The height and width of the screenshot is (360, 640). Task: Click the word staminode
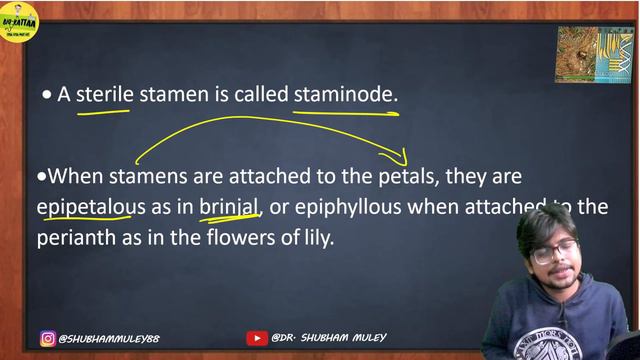tap(345, 95)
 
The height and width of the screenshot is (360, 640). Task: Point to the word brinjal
tap(229, 208)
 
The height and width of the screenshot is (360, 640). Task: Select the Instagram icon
tap(47, 339)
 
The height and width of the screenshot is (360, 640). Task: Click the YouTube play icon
tap(257, 339)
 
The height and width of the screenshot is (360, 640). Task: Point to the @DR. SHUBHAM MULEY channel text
tap(329, 339)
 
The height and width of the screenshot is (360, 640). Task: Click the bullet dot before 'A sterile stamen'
tap(47, 95)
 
